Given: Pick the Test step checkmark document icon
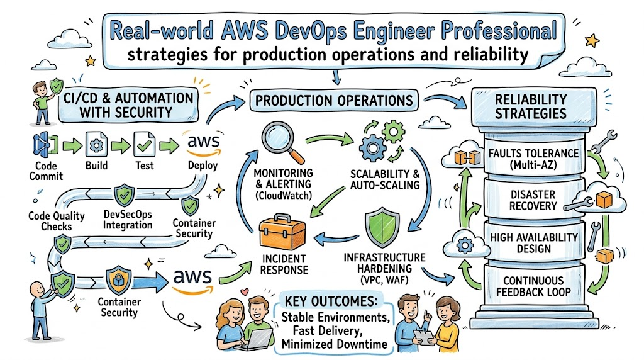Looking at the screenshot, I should click(x=145, y=145).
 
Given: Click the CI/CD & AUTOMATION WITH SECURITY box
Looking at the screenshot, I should click(x=126, y=105).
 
